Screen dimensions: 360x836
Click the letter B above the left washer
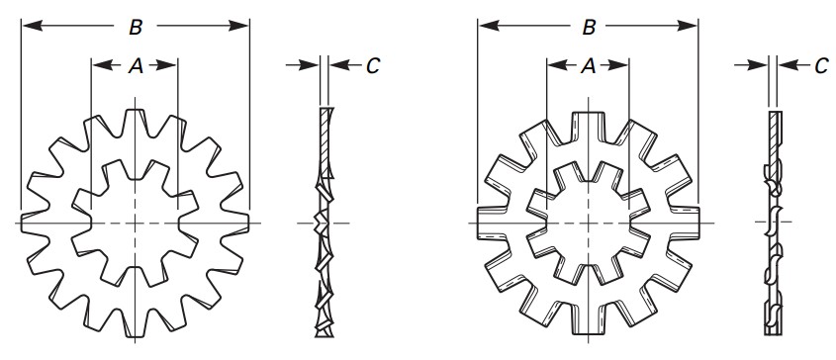135,27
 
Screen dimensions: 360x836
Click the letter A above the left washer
137,66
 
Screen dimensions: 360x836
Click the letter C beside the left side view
373,65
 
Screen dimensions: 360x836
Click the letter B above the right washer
589,28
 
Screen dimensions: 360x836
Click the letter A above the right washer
588,66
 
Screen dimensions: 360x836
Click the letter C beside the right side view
821,66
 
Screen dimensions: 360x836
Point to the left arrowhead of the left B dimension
28,27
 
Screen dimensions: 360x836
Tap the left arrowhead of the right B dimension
485,28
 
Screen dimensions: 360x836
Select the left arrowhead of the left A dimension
97,66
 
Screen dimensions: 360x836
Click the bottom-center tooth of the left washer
136,322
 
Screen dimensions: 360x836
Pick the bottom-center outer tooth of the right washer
588,321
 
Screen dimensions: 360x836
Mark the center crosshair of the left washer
136,224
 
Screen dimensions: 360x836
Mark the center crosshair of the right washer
588,222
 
